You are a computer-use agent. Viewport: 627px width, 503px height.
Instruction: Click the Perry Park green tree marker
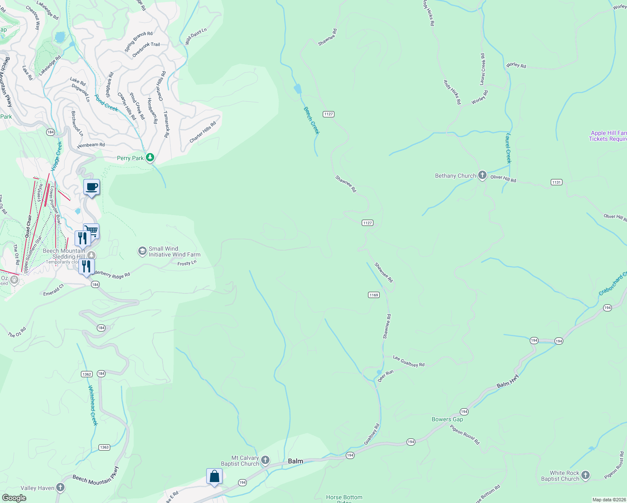(x=150, y=158)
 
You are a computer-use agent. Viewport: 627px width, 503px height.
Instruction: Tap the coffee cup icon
(x=91, y=187)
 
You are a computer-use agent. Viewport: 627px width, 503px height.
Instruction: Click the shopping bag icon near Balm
(x=214, y=477)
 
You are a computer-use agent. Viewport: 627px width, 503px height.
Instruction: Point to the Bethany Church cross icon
(x=482, y=176)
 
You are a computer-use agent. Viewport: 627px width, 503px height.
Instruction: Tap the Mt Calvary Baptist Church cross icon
(x=265, y=461)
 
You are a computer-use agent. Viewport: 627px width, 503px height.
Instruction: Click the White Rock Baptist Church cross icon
(x=586, y=475)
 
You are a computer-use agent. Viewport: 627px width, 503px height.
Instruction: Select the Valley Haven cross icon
(x=61, y=487)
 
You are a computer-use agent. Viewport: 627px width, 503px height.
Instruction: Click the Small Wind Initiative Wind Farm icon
(x=142, y=251)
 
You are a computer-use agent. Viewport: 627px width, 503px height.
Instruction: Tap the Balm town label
(x=295, y=461)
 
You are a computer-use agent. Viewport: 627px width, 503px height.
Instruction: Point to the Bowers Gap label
(x=447, y=419)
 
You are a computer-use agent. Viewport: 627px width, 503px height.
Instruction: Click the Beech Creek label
(x=312, y=120)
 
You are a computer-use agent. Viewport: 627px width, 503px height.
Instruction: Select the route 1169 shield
(x=374, y=295)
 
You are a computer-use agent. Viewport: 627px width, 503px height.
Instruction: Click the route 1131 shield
(x=557, y=182)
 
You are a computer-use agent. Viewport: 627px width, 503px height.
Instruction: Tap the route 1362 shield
(x=87, y=374)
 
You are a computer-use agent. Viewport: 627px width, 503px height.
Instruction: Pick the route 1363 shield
(x=104, y=447)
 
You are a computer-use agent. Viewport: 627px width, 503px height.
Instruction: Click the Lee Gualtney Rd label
(x=409, y=361)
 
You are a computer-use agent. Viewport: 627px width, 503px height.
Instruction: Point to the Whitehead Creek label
(x=93, y=406)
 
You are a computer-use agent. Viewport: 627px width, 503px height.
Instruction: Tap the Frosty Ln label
(x=187, y=263)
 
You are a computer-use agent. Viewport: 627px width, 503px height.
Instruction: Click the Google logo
(x=14, y=498)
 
